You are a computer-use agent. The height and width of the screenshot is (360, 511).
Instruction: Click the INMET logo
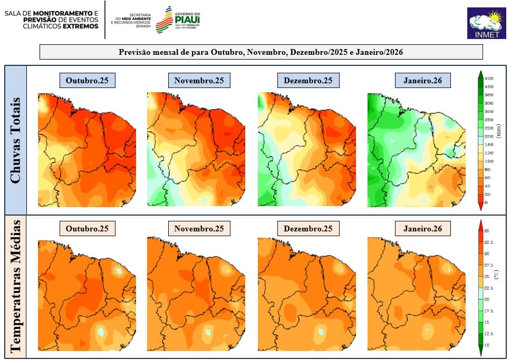click(x=486, y=23)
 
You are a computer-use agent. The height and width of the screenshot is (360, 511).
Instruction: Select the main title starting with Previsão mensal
click(x=261, y=52)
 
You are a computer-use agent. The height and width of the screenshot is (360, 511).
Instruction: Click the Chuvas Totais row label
click(x=16, y=140)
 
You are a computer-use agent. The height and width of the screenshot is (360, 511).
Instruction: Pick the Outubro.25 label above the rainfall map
click(x=87, y=81)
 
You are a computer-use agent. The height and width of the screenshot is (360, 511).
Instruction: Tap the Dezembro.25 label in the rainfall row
click(x=308, y=81)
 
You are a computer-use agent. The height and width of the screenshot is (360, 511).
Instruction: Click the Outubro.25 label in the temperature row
click(x=87, y=229)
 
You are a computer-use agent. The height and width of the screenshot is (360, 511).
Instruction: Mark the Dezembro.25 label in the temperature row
click(x=308, y=229)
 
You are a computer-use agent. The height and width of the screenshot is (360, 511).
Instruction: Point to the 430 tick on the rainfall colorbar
click(x=489, y=78)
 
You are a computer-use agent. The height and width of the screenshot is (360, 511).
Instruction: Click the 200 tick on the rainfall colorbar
click(x=489, y=137)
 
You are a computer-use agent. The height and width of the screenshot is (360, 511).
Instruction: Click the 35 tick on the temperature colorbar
click(x=488, y=231)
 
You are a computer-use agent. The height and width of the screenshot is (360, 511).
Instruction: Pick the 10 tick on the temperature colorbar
click(x=488, y=345)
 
